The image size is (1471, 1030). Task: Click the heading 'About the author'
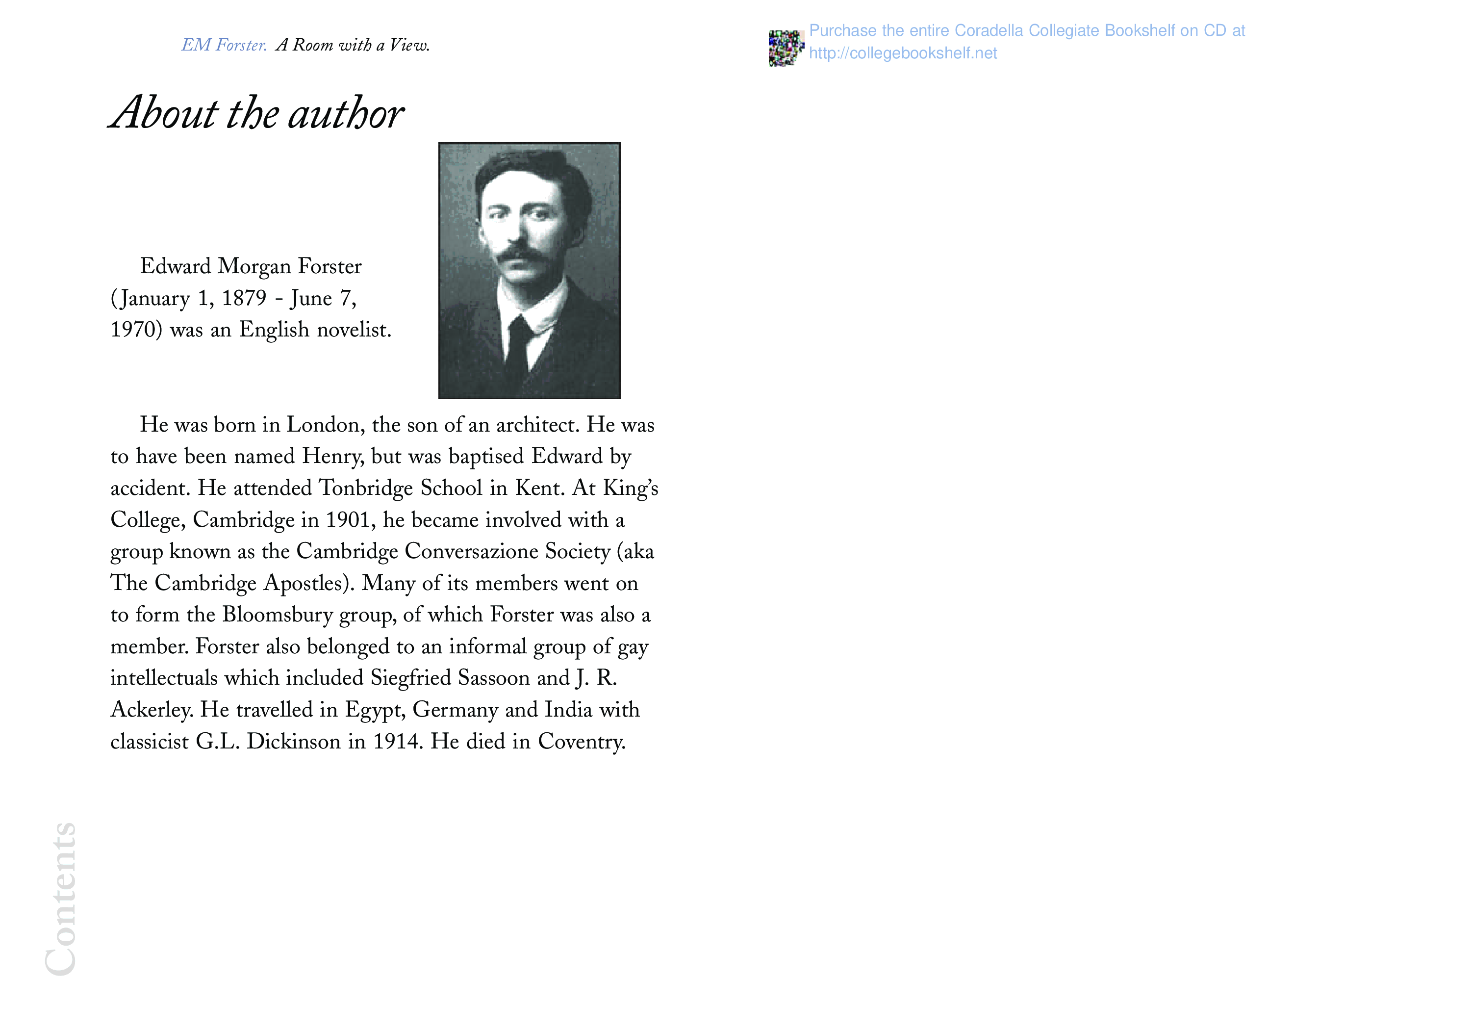(x=256, y=113)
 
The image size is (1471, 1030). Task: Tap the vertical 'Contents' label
(x=61, y=899)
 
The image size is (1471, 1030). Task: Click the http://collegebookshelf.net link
(x=902, y=53)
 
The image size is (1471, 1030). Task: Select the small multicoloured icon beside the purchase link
(x=786, y=48)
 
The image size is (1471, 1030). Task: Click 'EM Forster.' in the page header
(x=224, y=45)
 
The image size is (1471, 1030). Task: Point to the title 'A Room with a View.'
(x=353, y=45)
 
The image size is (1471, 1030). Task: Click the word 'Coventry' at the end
(x=581, y=742)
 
